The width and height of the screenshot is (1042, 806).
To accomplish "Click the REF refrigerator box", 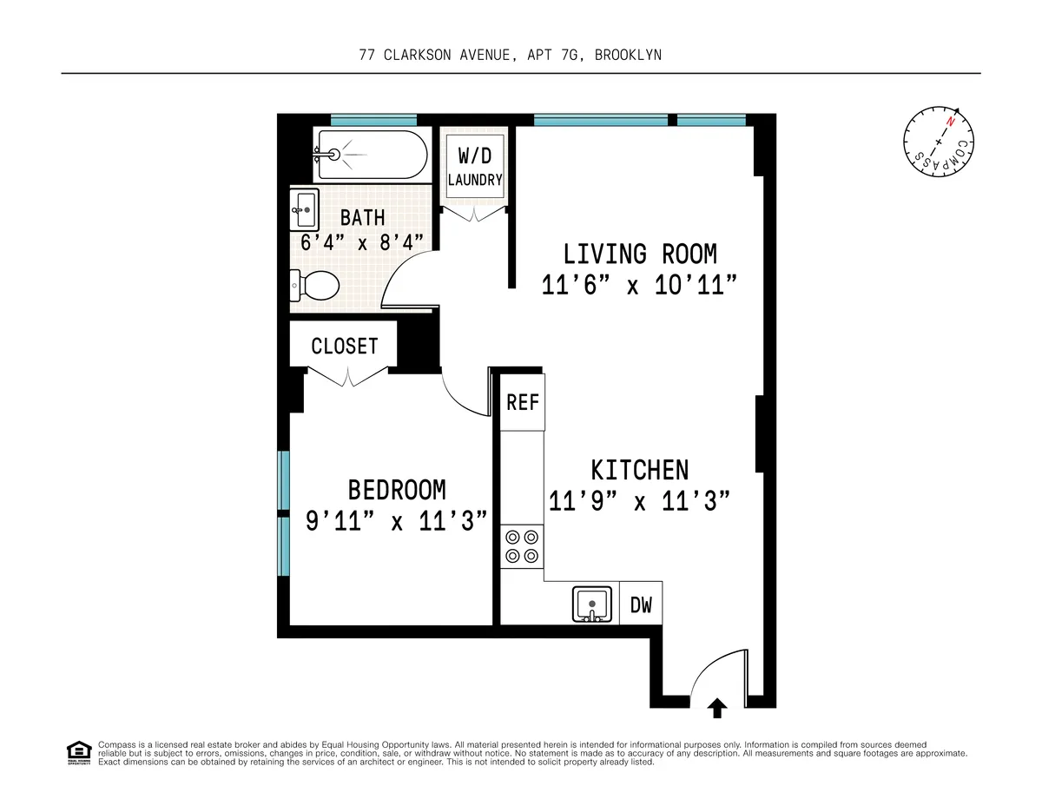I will tap(523, 401).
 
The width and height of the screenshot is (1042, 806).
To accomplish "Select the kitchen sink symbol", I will tap(594, 604).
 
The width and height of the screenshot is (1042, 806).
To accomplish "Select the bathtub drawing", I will tap(371, 155).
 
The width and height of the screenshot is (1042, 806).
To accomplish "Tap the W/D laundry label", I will tap(474, 168).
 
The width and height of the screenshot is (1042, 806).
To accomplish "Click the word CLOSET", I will tap(345, 346).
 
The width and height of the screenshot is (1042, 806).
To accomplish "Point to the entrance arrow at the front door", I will tap(717, 708).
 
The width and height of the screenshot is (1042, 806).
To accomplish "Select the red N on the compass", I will tap(952, 122).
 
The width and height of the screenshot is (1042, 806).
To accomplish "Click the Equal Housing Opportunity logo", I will tap(78, 752).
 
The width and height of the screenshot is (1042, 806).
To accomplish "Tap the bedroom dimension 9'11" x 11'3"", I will tap(396, 521).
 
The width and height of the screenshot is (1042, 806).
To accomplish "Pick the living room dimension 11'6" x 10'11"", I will tap(640, 285).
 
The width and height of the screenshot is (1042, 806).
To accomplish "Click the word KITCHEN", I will tap(640, 470).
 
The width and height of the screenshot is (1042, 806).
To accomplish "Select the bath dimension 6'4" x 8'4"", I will tap(362, 241).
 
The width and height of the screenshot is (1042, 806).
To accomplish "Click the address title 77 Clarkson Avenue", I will tap(511, 55).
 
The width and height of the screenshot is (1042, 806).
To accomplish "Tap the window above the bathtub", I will tap(373, 120).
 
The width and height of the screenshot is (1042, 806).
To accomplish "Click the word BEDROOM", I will tap(397, 490).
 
